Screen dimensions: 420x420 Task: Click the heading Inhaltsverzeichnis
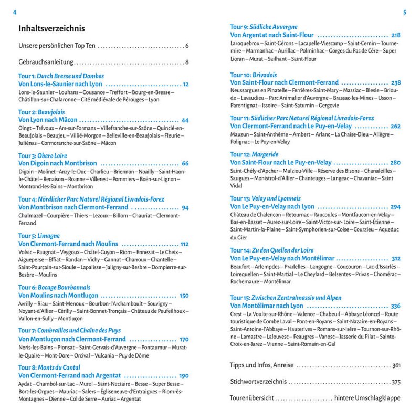coord(51,28)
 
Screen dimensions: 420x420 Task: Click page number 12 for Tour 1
coord(185,85)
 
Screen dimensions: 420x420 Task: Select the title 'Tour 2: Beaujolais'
coord(41,112)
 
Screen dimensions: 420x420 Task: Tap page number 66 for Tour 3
coord(185,163)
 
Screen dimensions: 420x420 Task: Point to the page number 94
coord(185,207)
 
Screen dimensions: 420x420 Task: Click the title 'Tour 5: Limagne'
coord(39,236)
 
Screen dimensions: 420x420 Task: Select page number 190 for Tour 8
coord(184,376)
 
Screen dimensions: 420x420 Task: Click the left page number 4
coord(15,12)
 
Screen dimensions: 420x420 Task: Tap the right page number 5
coord(405,12)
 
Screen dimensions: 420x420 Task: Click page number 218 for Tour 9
coord(396,35)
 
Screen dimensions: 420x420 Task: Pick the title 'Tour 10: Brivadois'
coord(253,75)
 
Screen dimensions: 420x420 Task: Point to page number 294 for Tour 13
coord(395,207)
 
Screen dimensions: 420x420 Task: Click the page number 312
coord(396,258)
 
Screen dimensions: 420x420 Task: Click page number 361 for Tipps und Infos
coord(396,365)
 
